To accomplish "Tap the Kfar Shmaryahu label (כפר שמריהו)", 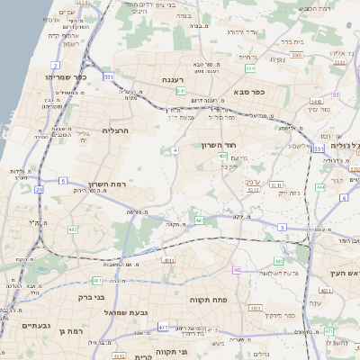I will point(66,78).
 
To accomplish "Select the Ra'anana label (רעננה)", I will point(174,80).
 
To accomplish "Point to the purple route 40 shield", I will point(237,270).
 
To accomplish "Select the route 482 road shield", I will point(73,229).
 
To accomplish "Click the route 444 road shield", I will point(320,187).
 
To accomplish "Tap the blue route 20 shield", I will point(39,189).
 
